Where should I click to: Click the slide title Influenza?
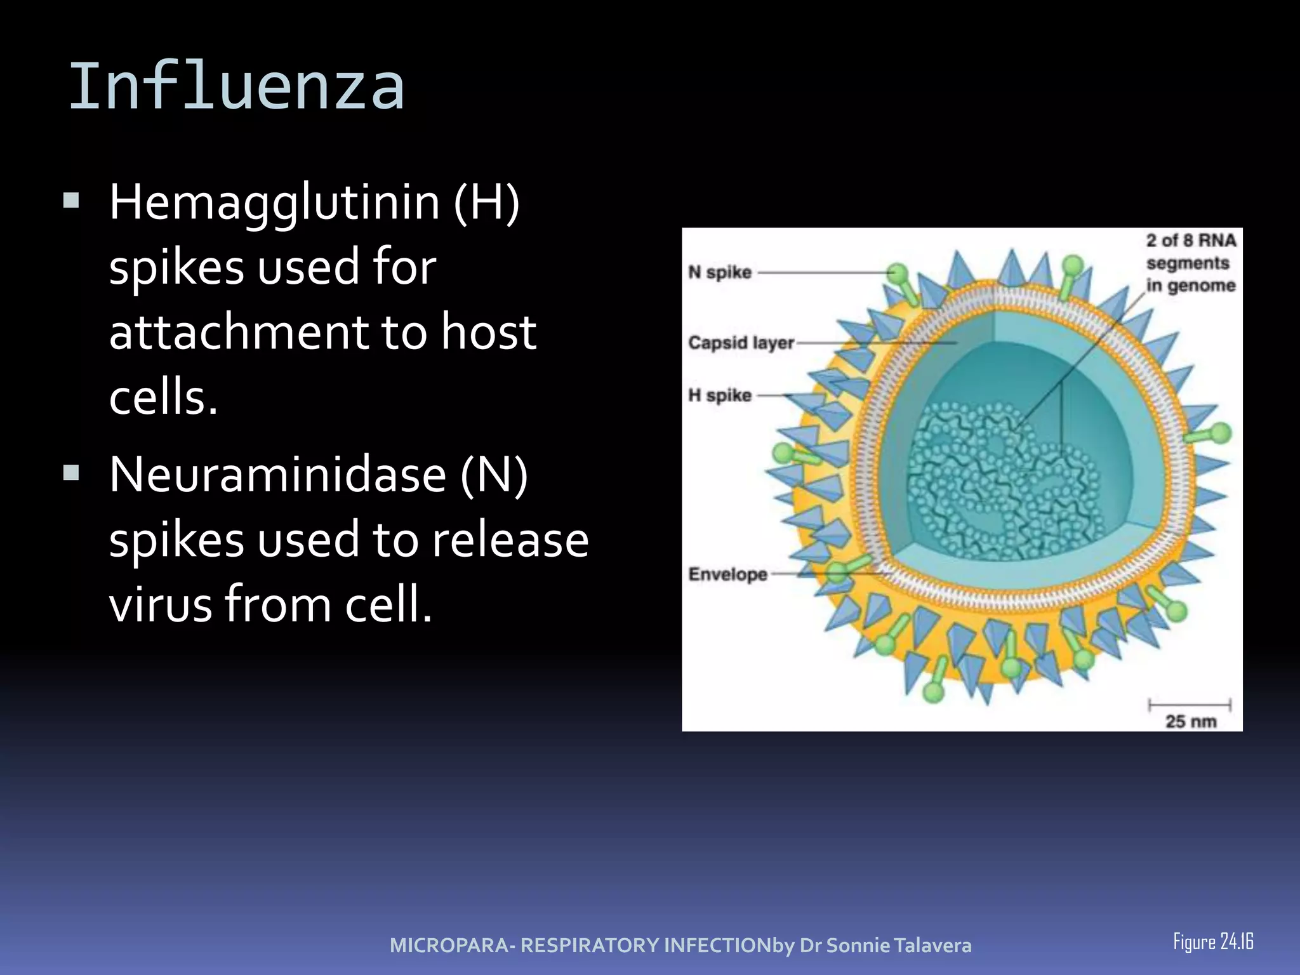(236, 87)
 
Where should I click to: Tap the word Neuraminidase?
(277, 475)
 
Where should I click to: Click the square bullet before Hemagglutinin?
(71, 202)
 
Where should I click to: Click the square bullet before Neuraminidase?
(71, 472)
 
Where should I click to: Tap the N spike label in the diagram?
(720, 272)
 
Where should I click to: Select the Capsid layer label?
(741, 343)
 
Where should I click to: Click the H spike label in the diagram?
(720, 395)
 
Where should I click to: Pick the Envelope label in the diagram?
(728, 574)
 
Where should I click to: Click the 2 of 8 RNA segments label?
(1191, 263)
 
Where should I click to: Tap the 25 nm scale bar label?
(1191, 721)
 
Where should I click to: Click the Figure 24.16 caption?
(1213, 941)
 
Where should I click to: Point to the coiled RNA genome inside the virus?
(1003, 482)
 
